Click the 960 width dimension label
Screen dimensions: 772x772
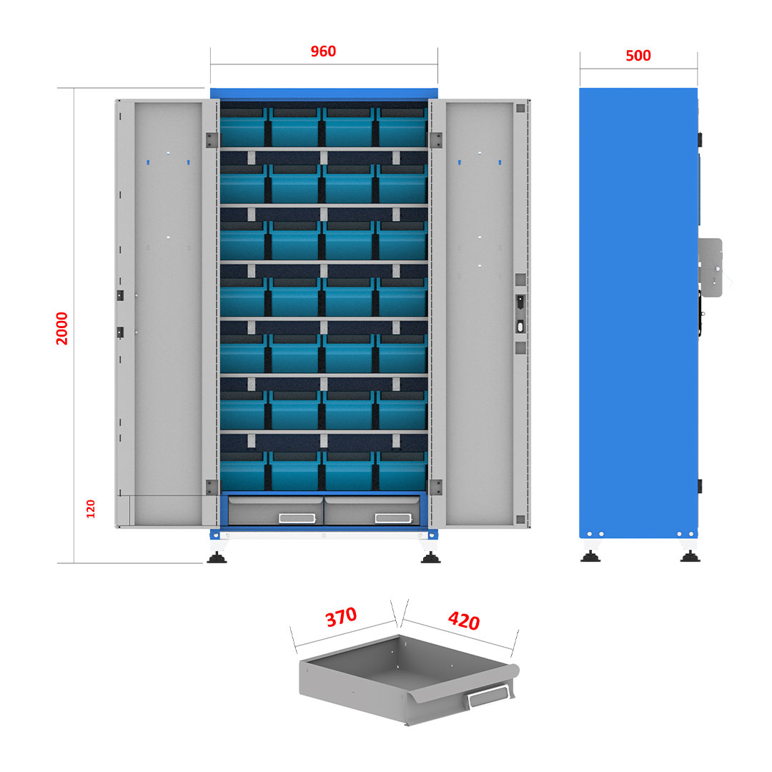(x=323, y=51)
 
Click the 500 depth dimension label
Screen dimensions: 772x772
(x=638, y=56)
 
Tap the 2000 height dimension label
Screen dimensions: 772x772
(x=62, y=328)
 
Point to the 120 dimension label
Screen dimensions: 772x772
(x=91, y=509)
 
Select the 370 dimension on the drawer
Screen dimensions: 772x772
(x=341, y=616)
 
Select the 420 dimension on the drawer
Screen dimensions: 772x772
(x=464, y=620)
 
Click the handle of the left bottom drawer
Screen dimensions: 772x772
(x=297, y=518)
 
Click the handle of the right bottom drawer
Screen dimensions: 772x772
(x=393, y=518)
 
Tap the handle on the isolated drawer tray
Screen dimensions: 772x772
(x=488, y=696)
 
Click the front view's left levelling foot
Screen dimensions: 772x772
(x=217, y=557)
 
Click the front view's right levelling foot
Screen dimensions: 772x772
(x=431, y=557)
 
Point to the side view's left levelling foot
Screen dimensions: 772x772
(x=590, y=556)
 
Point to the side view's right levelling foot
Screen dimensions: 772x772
(x=690, y=556)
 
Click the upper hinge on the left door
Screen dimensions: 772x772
(x=212, y=140)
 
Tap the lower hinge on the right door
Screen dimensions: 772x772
(x=436, y=487)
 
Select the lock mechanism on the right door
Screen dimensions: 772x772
(x=520, y=314)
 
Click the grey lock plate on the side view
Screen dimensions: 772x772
(x=711, y=267)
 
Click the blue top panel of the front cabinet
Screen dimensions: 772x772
(x=324, y=94)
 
